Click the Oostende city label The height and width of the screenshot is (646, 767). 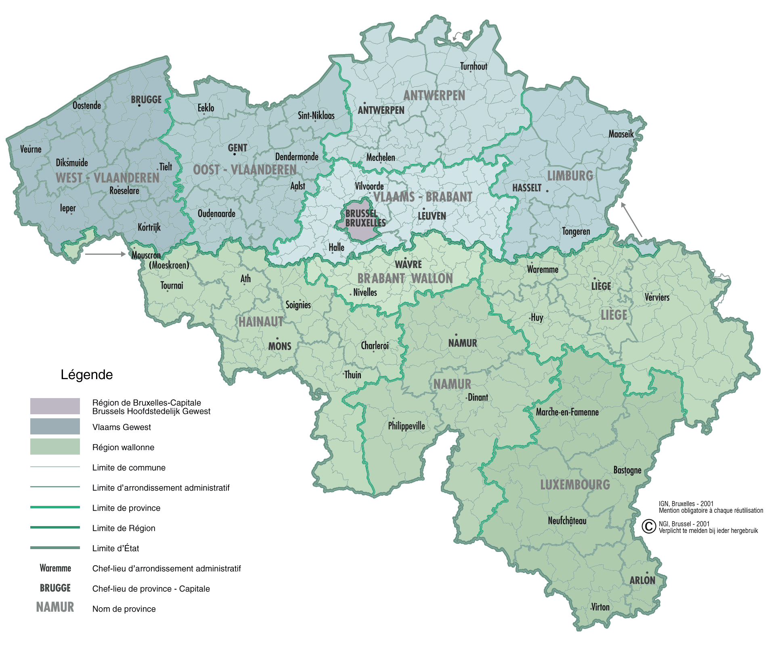87,106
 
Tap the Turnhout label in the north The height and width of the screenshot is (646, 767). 474,67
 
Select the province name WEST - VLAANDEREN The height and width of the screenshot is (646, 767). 107,178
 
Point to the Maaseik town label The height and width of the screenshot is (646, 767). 621,134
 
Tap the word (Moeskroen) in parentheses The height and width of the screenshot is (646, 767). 169,265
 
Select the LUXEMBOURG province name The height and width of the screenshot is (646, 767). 575,485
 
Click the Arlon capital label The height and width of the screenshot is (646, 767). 642,580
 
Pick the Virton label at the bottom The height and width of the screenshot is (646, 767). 600,607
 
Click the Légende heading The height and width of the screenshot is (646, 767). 87,375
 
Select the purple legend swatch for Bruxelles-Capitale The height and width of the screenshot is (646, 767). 55,406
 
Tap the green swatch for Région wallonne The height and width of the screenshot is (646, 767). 55,447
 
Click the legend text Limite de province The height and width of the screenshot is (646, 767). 126,508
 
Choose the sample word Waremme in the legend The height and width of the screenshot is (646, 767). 55,568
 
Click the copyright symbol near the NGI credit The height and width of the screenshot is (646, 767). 649,526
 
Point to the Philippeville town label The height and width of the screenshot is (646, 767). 406,426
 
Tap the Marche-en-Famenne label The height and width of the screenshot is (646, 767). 567,412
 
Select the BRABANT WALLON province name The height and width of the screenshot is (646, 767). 405,279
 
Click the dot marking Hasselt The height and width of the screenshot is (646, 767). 547,191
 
